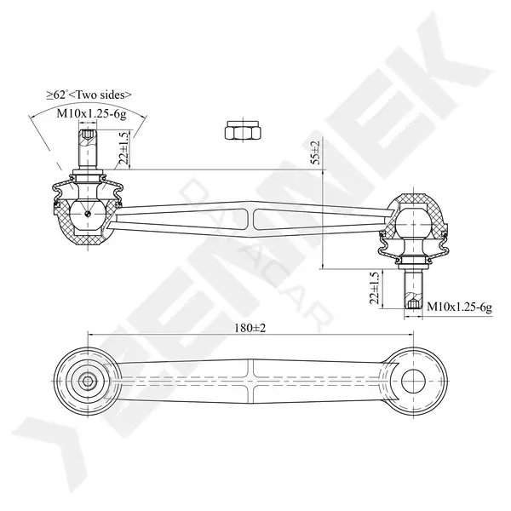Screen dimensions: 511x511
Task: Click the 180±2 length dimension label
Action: [x=250, y=328]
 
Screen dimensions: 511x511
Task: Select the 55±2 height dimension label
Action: [x=316, y=152]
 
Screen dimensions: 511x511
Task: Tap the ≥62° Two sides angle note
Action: [x=89, y=95]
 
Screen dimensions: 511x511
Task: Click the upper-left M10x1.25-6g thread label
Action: [x=91, y=114]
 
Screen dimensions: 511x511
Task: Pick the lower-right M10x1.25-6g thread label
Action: [x=459, y=307]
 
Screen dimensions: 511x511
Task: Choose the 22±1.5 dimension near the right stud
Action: [x=376, y=288]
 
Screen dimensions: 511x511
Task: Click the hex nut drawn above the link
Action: [x=243, y=130]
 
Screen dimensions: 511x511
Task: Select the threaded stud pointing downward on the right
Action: [x=413, y=289]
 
